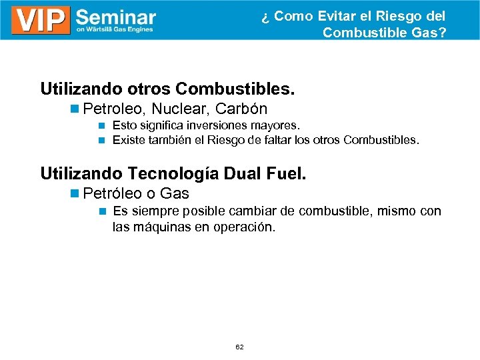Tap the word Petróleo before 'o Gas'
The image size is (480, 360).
click(113, 194)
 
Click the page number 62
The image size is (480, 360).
click(239, 347)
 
